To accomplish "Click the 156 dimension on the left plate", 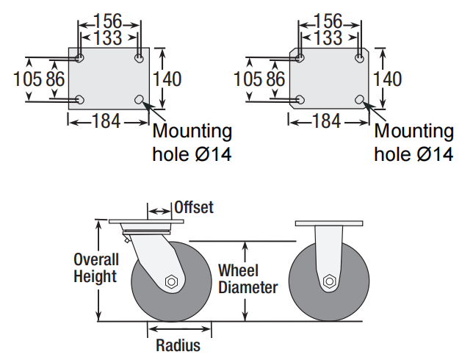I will pyautogui.click(x=109, y=21).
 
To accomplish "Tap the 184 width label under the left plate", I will pyautogui.click(x=106, y=121).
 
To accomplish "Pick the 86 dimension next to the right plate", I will pyautogui.click(x=275, y=78).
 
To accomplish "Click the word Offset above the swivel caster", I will pyautogui.click(x=194, y=207).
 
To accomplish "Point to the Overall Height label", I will pyautogui.click(x=95, y=268).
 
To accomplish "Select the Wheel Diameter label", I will pyautogui.click(x=248, y=279).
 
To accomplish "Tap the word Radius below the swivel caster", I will pyautogui.click(x=178, y=345).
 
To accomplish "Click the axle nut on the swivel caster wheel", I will pyautogui.click(x=171, y=281).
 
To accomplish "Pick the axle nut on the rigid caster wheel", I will pyautogui.click(x=328, y=281).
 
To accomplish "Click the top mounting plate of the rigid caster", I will pyautogui.click(x=328, y=223).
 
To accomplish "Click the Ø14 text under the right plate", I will pyautogui.click(x=435, y=155).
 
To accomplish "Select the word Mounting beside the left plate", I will pyautogui.click(x=192, y=132).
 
